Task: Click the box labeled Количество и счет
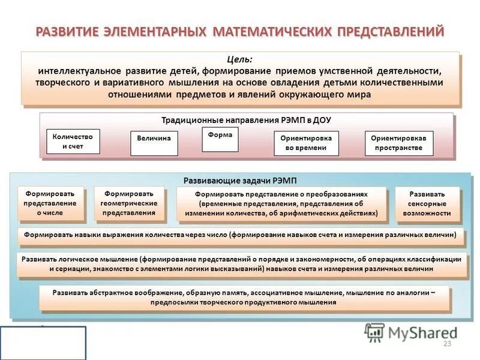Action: coord(73,142)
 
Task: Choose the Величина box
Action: coord(154,139)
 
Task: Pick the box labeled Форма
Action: coord(220,136)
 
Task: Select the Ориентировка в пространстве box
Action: coord(398,143)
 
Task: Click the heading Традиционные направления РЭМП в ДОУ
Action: coord(246,120)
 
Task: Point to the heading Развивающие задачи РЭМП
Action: coord(240,181)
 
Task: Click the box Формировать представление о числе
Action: coord(51,203)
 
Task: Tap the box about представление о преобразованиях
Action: coord(281,203)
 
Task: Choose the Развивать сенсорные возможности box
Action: coord(427,203)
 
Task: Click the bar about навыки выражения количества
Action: coord(240,235)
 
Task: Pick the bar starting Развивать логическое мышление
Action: coord(241,264)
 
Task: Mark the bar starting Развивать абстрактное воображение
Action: coord(242,298)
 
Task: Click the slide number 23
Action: coord(446,343)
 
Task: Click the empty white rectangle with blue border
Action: coord(43,343)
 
